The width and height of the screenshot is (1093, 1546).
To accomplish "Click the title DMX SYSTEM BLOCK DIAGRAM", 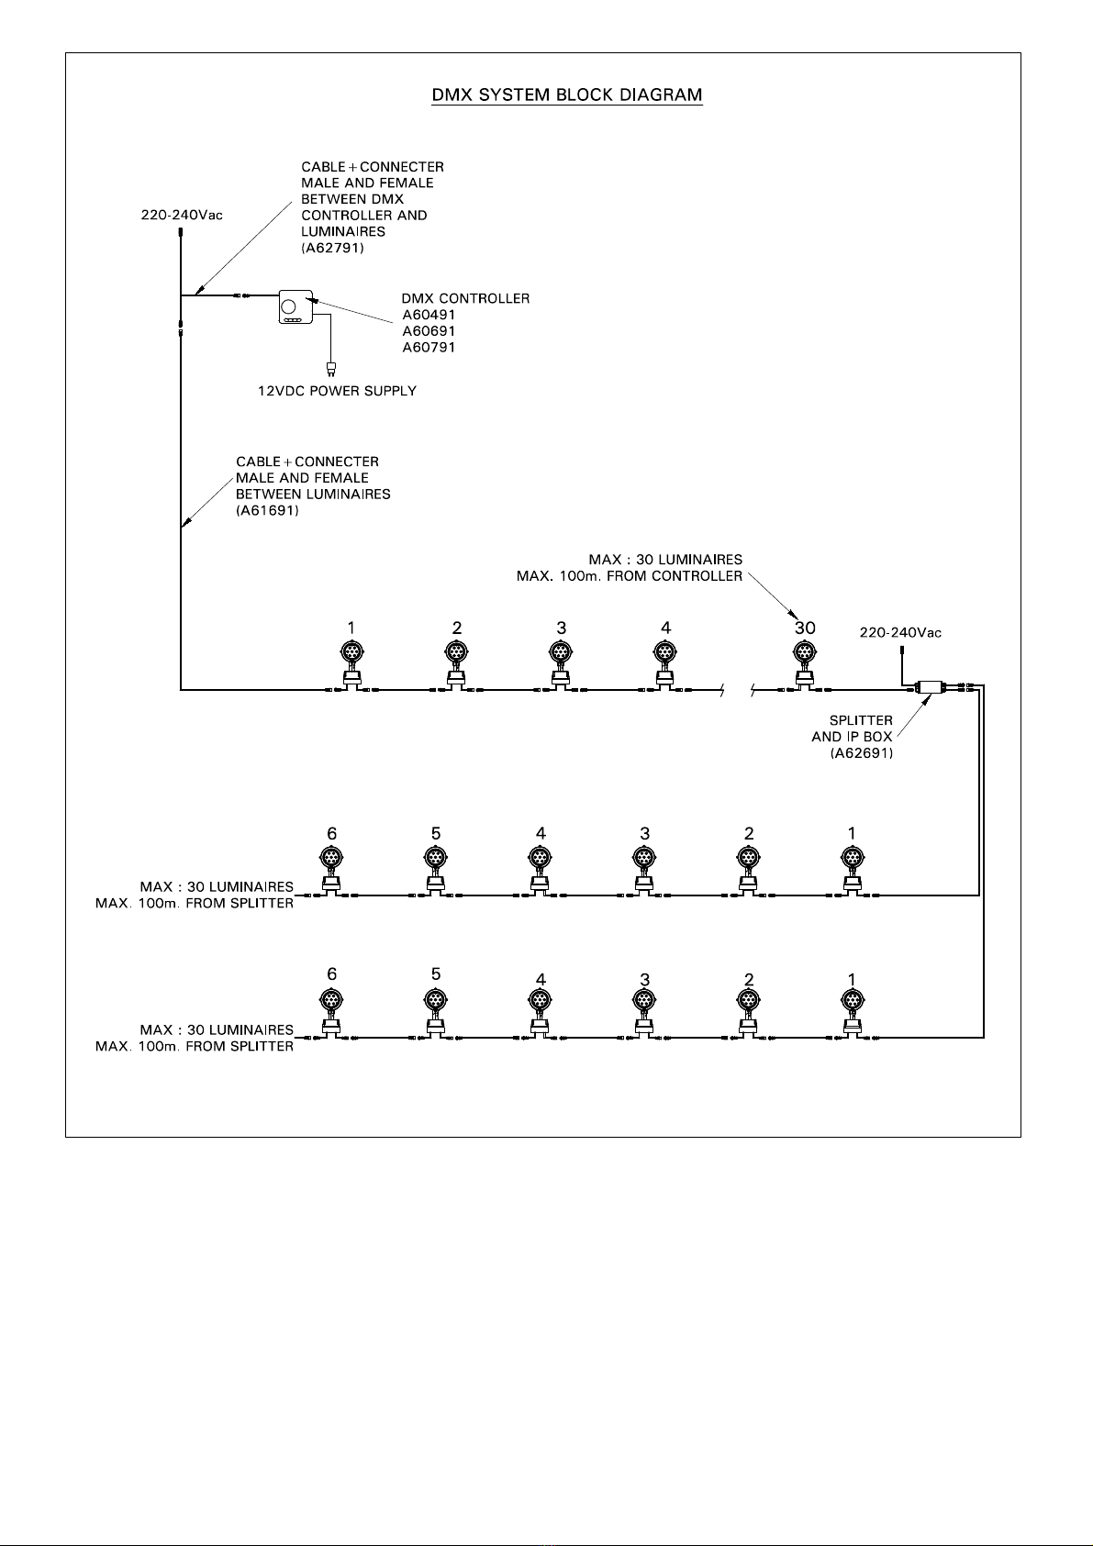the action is click(567, 95).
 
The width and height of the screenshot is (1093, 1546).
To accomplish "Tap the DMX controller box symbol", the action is click(296, 306).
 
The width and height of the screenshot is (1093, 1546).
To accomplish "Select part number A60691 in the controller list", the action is click(429, 331).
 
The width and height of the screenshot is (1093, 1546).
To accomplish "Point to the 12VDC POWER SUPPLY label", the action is click(337, 391).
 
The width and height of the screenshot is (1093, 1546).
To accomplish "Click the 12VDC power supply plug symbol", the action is click(330, 369).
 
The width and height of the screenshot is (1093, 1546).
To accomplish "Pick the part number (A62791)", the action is click(332, 248).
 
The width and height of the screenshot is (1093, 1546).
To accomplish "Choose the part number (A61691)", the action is click(267, 511).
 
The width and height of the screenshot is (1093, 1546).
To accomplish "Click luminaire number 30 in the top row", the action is click(804, 665).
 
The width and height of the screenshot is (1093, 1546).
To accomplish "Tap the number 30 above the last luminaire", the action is click(805, 628).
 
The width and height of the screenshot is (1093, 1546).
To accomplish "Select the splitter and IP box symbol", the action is click(931, 686).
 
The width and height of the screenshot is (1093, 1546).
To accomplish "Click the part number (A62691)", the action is click(862, 753).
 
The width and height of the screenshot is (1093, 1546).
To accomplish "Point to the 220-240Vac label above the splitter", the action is click(900, 633).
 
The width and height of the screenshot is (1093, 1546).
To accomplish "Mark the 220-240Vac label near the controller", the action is click(182, 215).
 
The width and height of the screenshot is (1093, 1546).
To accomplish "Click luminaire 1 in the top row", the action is click(352, 665).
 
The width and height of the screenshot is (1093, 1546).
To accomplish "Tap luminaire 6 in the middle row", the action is click(331, 872).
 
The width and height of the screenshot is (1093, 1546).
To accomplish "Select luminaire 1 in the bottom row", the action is click(852, 1013).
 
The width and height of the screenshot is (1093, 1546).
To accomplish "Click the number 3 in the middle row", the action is click(645, 834).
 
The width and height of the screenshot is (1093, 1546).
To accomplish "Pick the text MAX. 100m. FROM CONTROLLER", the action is click(630, 576).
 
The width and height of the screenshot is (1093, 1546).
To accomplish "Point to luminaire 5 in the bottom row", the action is click(435, 1013).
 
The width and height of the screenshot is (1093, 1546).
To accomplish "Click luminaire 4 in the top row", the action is click(665, 665).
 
